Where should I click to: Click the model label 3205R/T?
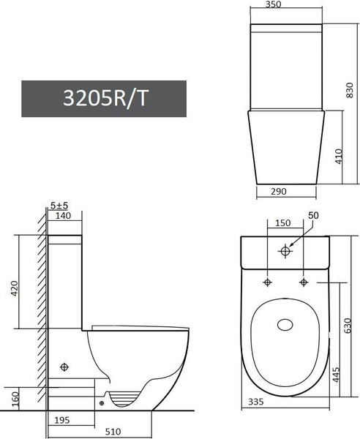pyautogui.click(x=103, y=99)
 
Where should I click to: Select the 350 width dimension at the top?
pyautogui.click(x=272, y=4)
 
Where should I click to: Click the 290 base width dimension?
pyautogui.click(x=276, y=191)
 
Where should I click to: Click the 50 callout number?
pyautogui.click(x=315, y=215)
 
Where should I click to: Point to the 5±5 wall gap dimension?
pyautogui.click(x=60, y=206)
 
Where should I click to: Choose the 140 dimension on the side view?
pyautogui.click(x=61, y=217)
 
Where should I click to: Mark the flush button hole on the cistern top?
pyautogui.click(x=285, y=252)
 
